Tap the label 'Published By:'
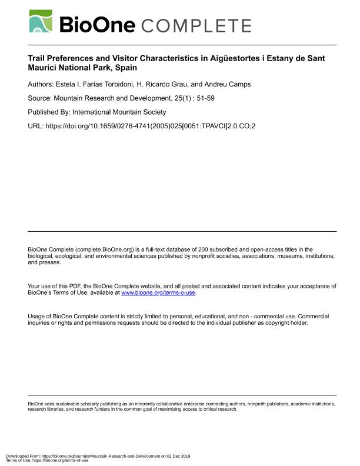[49, 112]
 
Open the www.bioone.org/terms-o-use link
[158, 292]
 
